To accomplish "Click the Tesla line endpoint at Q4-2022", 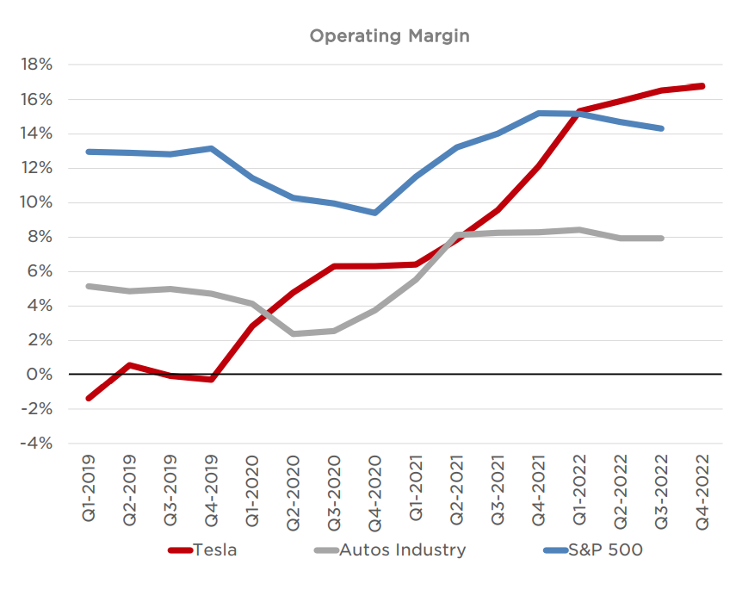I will (x=702, y=86).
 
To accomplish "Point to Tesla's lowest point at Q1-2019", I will (x=89, y=398).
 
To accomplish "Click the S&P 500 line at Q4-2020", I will (x=374, y=213).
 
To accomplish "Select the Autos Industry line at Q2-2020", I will (x=294, y=333).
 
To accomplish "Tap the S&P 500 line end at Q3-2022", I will (x=661, y=128).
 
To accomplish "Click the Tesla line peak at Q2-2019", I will (x=129, y=365).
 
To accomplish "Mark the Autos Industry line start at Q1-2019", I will (x=89, y=286).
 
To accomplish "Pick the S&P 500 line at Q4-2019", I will (x=211, y=148).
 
